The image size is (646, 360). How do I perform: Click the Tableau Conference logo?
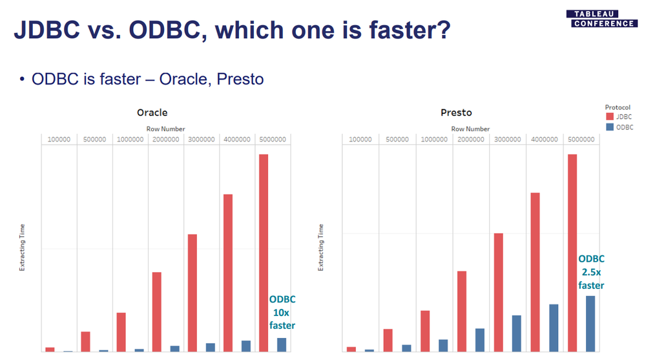[x=601, y=19]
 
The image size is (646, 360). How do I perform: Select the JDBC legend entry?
[x=618, y=117]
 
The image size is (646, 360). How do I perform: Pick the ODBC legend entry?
[x=620, y=127]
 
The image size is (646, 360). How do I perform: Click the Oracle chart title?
[x=152, y=112]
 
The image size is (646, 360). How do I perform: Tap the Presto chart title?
[x=456, y=112]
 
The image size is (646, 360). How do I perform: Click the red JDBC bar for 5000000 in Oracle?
[x=264, y=253]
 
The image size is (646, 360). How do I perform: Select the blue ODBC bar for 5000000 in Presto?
[x=590, y=324]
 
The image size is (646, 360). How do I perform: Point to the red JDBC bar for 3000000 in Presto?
[x=499, y=292]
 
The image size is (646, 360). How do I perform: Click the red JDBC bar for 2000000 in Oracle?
[x=156, y=312]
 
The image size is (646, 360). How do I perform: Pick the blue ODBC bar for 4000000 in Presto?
[x=554, y=328]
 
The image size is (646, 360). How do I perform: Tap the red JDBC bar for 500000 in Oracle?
[x=85, y=341]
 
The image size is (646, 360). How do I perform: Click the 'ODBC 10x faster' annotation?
[x=282, y=312]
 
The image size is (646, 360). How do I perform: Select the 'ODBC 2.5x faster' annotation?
[x=591, y=272]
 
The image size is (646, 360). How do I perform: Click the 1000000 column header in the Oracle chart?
[x=130, y=140]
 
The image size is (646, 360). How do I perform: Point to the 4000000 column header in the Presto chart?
[x=544, y=140]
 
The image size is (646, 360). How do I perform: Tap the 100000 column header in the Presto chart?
[x=360, y=140]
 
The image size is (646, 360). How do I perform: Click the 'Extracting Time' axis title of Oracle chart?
[x=22, y=248]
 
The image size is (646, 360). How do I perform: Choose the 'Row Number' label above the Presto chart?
[x=470, y=129]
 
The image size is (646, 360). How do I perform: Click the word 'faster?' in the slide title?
[x=410, y=30]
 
